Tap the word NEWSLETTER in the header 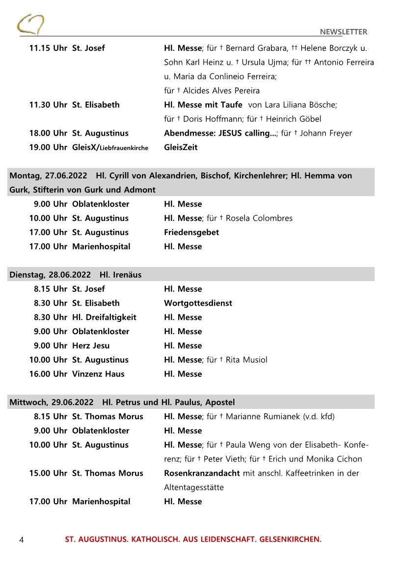point(343,32)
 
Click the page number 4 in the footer point(22,540)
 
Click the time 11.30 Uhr point(48,105)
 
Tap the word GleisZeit point(181,147)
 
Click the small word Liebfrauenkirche point(124,148)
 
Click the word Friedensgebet point(191,232)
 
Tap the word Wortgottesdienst point(198,303)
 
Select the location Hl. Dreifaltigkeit point(104,317)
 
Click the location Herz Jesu point(91,345)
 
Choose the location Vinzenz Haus point(98,374)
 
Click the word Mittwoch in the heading point(28,402)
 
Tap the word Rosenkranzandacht point(202,473)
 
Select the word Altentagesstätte point(194,488)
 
